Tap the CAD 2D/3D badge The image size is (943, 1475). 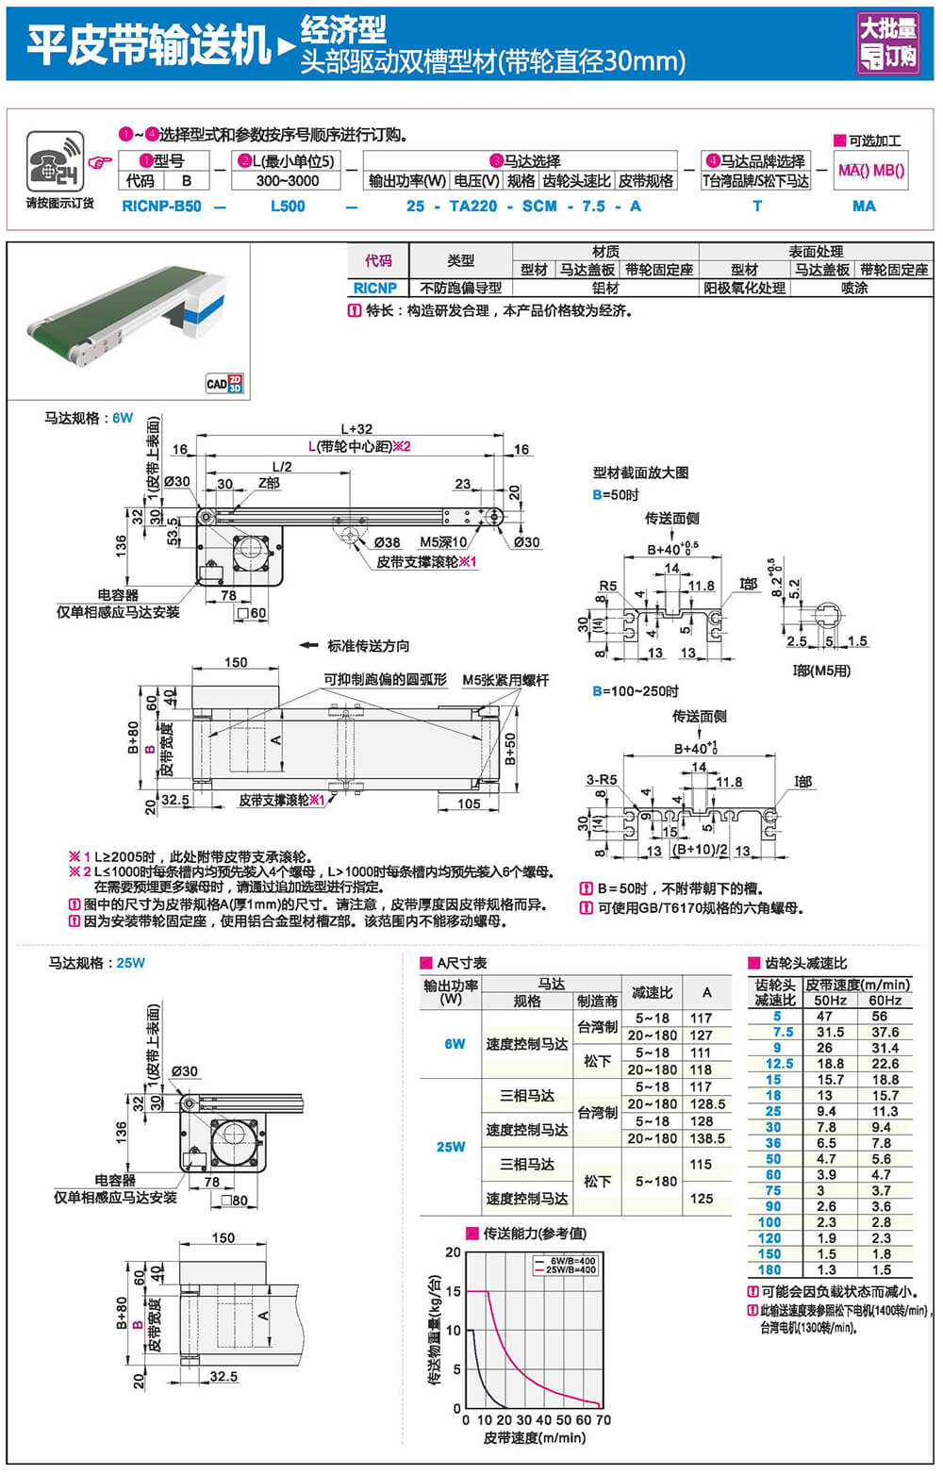pyautogui.click(x=224, y=383)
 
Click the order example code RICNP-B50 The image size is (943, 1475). pyautogui.click(x=161, y=206)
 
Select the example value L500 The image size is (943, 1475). pyautogui.click(x=288, y=206)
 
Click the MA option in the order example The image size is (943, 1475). pyautogui.click(x=863, y=206)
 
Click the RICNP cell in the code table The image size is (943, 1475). pyautogui.click(x=375, y=288)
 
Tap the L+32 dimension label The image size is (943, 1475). pyautogui.click(x=356, y=428)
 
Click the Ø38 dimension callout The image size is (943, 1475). pyautogui.click(x=387, y=542)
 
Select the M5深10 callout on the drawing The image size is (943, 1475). pyautogui.click(x=442, y=542)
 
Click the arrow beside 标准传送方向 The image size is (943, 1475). pyautogui.click(x=308, y=646)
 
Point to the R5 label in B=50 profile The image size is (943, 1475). pyautogui.click(x=608, y=586)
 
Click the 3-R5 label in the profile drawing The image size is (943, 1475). pyautogui.click(x=602, y=779)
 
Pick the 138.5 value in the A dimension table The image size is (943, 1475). pyautogui.click(x=707, y=1138)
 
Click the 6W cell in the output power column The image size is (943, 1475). pyautogui.click(x=455, y=1044)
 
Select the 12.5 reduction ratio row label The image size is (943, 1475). pyautogui.click(x=778, y=1063)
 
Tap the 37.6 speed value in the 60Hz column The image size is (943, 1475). pyautogui.click(x=885, y=1032)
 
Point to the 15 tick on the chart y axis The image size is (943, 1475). pyautogui.click(x=454, y=1291)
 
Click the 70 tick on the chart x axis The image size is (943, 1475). pyautogui.click(x=604, y=1419)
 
